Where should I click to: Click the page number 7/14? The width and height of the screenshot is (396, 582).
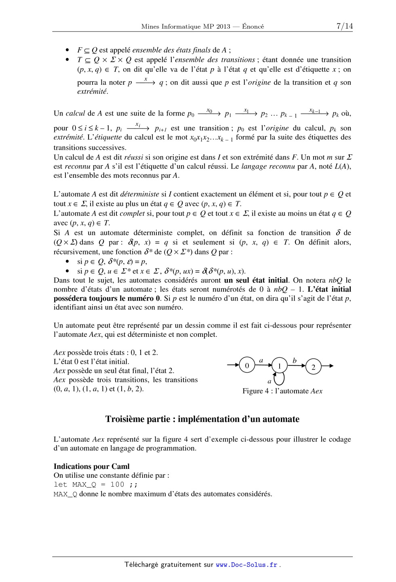pyautogui.click(x=344, y=26)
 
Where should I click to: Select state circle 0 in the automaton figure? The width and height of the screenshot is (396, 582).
pyautogui.click(x=247, y=366)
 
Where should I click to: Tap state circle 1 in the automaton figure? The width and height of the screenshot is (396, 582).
pyautogui.click(x=279, y=366)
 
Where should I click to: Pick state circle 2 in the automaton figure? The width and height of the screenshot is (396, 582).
pyautogui.click(x=313, y=367)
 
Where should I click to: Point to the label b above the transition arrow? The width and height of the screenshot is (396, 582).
pyautogui.click(x=295, y=361)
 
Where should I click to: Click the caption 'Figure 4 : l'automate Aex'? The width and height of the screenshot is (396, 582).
pyautogui.click(x=282, y=391)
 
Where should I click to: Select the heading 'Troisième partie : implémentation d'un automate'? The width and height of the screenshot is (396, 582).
pyautogui.click(x=202, y=419)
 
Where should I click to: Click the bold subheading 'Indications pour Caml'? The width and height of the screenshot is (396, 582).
pyautogui.click(x=91, y=466)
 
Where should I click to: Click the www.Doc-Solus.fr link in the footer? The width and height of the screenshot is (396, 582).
pyautogui.click(x=246, y=565)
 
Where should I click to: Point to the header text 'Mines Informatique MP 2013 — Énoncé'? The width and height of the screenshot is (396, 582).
pyautogui.click(x=202, y=27)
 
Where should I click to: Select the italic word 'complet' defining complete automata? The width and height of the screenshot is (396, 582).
pyautogui.click(x=132, y=213)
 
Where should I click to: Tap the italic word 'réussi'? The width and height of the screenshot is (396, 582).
pyautogui.click(x=134, y=157)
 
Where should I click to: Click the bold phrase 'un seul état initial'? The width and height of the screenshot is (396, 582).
pyautogui.click(x=256, y=280)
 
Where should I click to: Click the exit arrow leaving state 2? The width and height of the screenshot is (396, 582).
pyautogui.click(x=328, y=366)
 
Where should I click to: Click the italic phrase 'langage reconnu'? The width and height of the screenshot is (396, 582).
pyautogui.click(x=268, y=166)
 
